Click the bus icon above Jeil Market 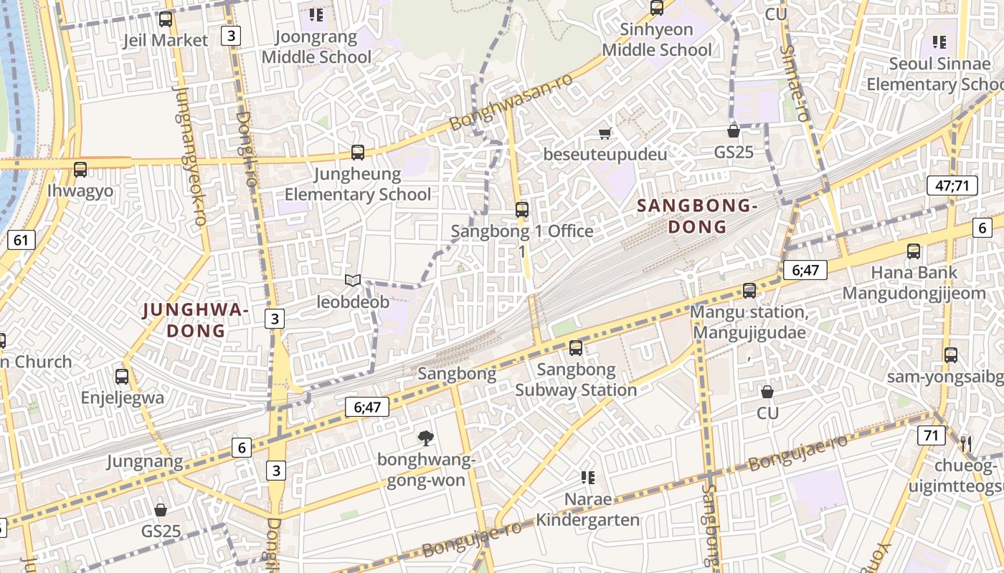click(x=166, y=19)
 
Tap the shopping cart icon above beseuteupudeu click(x=605, y=133)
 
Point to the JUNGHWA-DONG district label click(x=196, y=320)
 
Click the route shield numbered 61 click(x=22, y=239)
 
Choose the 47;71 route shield click(x=952, y=186)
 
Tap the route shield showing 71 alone click(x=931, y=435)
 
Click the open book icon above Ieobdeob click(x=352, y=281)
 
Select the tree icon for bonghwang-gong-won click(x=426, y=438)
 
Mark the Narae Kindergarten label click(x=588, y=509)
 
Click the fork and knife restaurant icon click(x=965, y=444)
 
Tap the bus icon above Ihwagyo click(x=80, y=170)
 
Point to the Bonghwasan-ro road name click(x=511, y=102)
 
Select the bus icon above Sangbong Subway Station click(x=576, y=348)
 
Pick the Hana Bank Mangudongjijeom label click(x=914, y=283)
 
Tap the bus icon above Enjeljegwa click(x=122, y=376)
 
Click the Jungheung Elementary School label click(x=358, y=184)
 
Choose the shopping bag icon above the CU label click(x=767, y=392)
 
